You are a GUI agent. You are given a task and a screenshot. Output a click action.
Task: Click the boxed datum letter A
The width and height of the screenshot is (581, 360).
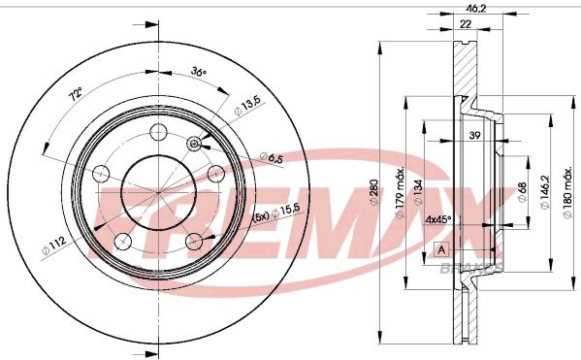coord(443,249)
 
